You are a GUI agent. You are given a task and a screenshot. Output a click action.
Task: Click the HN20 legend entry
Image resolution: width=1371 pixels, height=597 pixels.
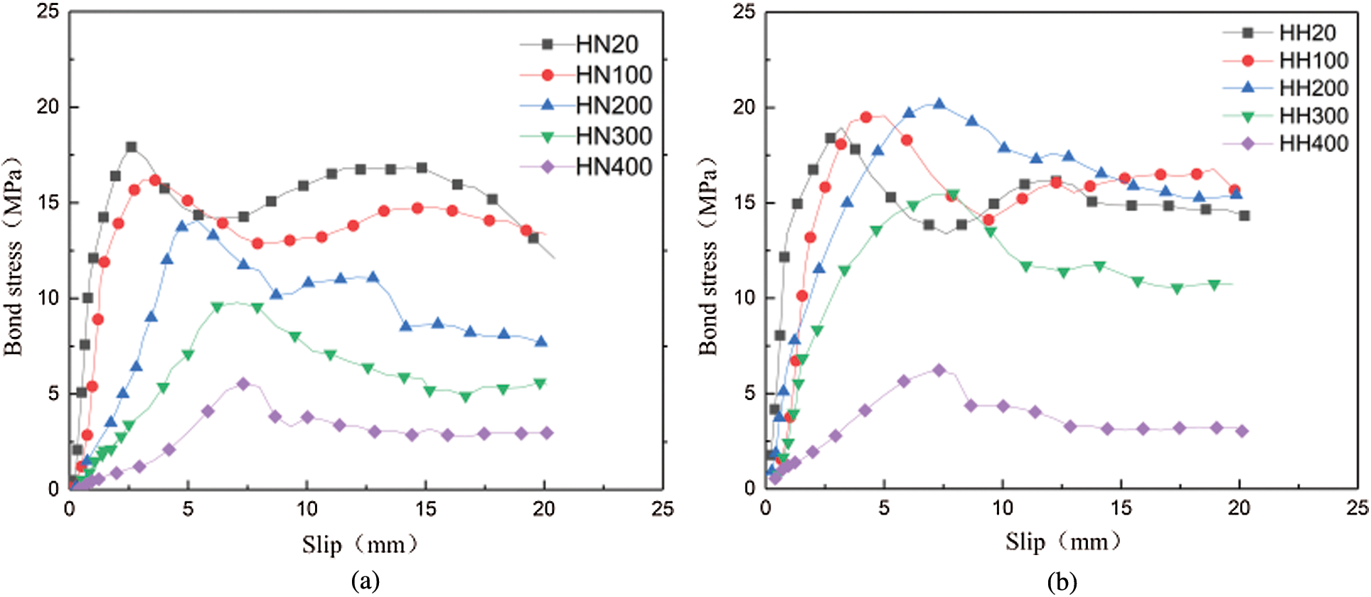(x=606, y=44)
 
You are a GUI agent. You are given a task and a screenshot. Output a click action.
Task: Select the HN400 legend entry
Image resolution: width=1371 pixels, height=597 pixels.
(x=613, y=167)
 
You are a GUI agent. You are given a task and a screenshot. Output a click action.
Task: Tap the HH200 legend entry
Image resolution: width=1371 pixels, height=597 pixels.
(x=1313, y=88)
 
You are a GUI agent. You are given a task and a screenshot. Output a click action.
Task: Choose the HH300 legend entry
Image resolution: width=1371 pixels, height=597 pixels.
(x=1313, y=116)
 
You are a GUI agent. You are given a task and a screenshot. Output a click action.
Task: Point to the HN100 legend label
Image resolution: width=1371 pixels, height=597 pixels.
(x=613, y=75)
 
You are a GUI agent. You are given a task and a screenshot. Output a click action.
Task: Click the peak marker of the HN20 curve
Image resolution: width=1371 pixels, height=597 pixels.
(x=131, y=147)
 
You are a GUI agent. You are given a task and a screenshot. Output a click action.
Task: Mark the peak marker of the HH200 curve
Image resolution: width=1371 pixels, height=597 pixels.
(x=939, y=104)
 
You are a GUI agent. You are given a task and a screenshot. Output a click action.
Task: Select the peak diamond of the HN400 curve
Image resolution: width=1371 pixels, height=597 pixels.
(x=243, y=384)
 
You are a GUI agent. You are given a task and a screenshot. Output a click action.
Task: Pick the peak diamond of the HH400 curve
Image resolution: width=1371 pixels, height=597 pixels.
(x=939, y=370)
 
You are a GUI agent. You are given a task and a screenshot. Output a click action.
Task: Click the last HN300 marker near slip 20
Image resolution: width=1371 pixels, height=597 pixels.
(x=540, y=384)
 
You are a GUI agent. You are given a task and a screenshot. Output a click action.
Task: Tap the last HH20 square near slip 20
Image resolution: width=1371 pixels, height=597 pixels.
(x=1244, y=215)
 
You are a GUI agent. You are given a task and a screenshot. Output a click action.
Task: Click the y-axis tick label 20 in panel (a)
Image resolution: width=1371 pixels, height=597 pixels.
(x=48, y=107)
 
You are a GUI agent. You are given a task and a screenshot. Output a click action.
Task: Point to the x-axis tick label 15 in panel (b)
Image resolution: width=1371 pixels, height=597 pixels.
(x=1121, y=508)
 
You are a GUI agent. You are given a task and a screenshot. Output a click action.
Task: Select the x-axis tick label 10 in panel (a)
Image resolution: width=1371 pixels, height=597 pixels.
(x=306, y=509)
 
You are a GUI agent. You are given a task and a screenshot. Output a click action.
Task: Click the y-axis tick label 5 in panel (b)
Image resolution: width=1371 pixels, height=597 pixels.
(x=749, y=394)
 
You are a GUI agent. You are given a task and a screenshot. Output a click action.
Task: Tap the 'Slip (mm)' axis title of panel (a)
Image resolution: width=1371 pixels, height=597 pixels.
(x=359, y=545)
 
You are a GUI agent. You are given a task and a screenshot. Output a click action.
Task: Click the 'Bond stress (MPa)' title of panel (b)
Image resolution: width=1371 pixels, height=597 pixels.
(x=708, y=256)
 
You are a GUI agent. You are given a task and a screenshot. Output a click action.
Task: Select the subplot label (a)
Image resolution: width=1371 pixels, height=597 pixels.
(x=366, y=581)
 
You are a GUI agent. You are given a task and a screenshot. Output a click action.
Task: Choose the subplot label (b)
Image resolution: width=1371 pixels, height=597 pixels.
(x=1062, y=581)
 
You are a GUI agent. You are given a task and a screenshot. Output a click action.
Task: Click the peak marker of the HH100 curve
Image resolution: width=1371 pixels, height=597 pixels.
(x=866, y=117)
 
